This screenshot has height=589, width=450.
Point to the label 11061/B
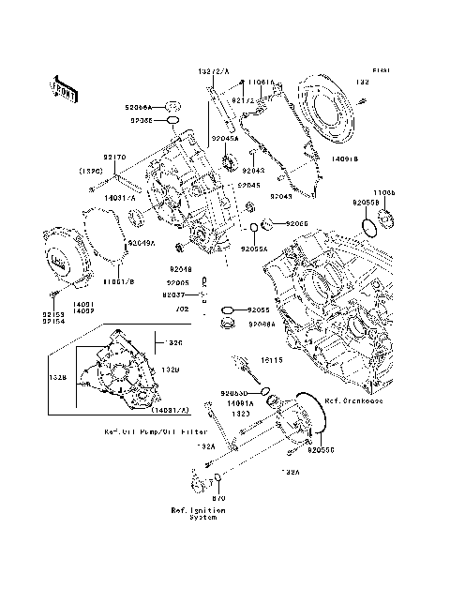click(118, 281)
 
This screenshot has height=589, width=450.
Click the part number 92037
click(176, 294)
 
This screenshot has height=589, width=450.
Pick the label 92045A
click(225, 139)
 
